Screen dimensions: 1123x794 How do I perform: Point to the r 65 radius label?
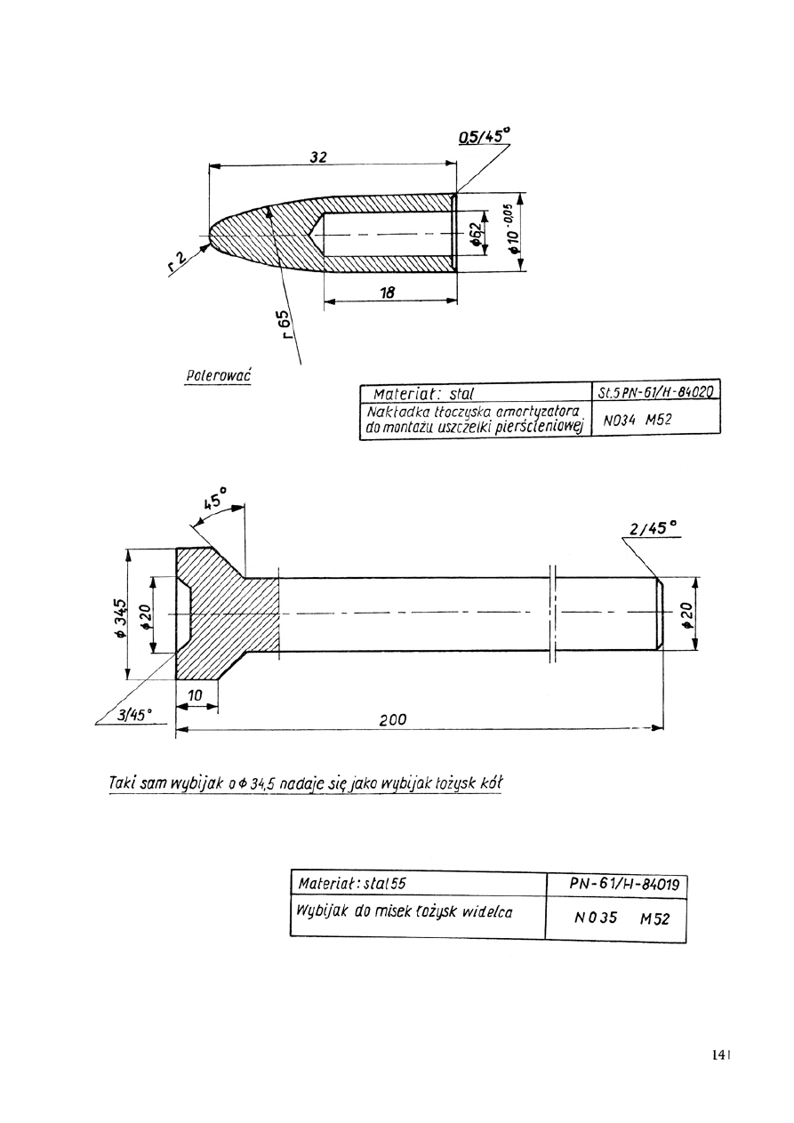[284, 325]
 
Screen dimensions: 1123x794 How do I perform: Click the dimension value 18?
[388, 292]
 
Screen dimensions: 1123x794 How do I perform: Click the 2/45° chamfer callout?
[654, 528]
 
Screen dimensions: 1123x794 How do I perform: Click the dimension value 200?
[392, 719]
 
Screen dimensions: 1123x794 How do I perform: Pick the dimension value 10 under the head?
[196, 694]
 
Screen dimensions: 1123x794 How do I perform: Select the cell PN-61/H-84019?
[624, 885]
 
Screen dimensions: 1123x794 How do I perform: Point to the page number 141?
[720, 1055]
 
